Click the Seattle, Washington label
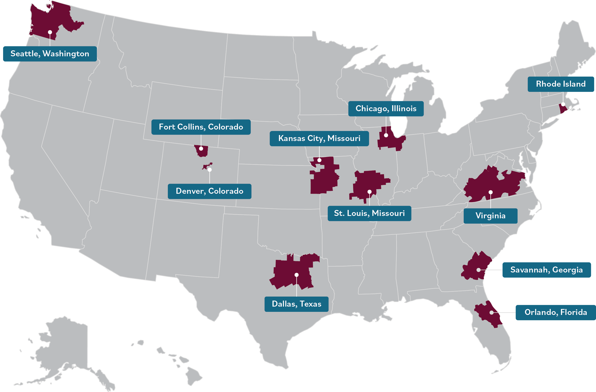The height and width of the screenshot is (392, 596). click(50, 54)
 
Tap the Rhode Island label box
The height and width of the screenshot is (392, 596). click(561, 84)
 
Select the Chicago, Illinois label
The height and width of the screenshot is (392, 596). click(386, 109)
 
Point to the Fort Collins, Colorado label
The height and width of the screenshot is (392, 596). click(201, 127)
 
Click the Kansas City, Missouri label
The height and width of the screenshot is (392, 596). click(319, 138)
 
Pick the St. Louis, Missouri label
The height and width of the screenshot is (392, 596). click(369, 213)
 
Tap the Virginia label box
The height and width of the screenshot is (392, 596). click(490, 216)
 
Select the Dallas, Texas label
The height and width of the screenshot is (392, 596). click(296, 304)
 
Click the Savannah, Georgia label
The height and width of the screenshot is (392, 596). click(546, 270)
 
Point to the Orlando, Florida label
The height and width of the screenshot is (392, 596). click(556, 312)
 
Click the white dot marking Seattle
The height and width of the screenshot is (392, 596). click(50, 32)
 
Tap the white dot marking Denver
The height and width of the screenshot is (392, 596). click(210, 170)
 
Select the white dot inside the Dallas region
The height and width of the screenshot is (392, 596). click(297, 275)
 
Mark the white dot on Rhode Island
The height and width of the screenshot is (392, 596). click(563, 104)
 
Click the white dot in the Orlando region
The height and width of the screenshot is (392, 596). click(492, 313)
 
